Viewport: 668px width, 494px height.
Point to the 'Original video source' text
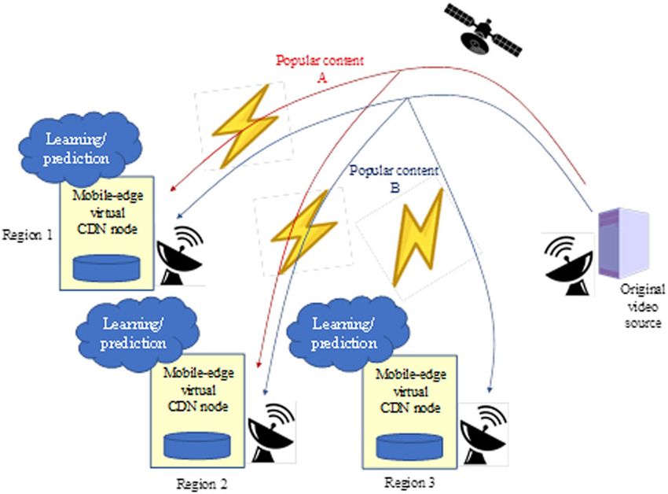[641, 305]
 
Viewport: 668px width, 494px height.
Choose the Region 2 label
[203, 481]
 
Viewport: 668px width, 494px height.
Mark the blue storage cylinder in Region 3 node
[406, 445]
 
